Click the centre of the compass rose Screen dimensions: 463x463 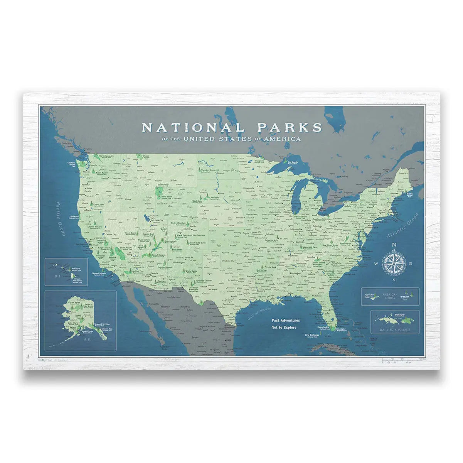point(394,264)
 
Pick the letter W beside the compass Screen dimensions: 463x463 point(376,264)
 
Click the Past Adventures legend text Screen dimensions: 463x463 point(285,320)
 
